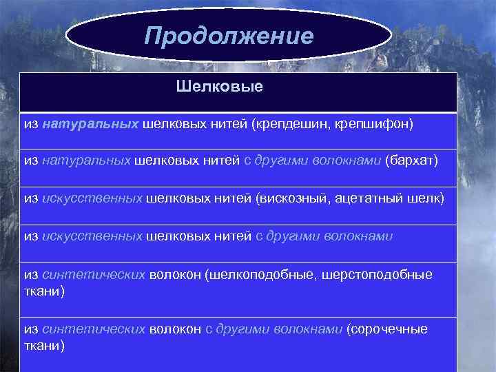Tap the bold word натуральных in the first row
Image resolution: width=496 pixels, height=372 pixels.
pos(91,125)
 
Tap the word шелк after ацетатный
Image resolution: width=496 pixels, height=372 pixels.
pos(428,198)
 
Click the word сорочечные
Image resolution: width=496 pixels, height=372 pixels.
pos(389,329)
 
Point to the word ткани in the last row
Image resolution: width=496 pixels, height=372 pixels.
pos(43,345)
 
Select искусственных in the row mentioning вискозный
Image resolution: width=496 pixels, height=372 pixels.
pos(92,198)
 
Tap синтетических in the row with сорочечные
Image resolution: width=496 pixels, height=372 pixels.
pos(94,329)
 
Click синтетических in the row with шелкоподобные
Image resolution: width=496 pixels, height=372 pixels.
pos(94,275)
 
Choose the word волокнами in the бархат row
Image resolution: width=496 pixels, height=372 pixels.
pos(346,161)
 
